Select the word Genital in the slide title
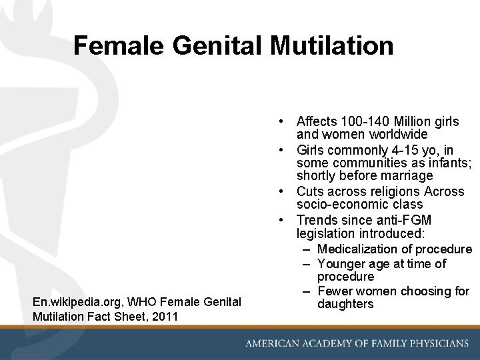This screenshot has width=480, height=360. (209, 45)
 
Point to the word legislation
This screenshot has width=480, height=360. (326, 233)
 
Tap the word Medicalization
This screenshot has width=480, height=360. (357, 249)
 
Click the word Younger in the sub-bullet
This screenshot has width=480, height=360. (340, 264)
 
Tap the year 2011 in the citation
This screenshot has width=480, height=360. (165, 316)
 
